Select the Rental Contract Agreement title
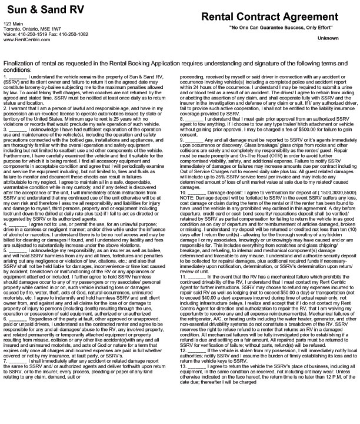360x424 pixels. [x=270, y=18]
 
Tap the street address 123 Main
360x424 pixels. [x=13, y=23]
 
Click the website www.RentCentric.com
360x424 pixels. [x=25, y=39]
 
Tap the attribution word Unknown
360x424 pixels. [x=328, y=39]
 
